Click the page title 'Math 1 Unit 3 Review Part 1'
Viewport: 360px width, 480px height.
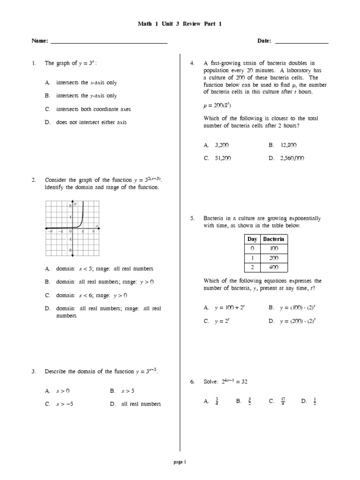click(x=180, y=24)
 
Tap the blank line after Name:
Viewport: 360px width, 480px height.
click(x=109, y=43)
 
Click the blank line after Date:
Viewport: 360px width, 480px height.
click(x=301, y=43)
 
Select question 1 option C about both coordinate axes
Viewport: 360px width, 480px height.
click(x=93, y=109)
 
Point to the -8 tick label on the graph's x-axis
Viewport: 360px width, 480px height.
click(x=49, y=231)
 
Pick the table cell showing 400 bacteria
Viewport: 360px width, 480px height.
click(x=274, y=268)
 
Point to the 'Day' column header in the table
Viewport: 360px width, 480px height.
click(x=252, y=239)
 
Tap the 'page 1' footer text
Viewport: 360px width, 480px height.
click(x=180, y=462)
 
